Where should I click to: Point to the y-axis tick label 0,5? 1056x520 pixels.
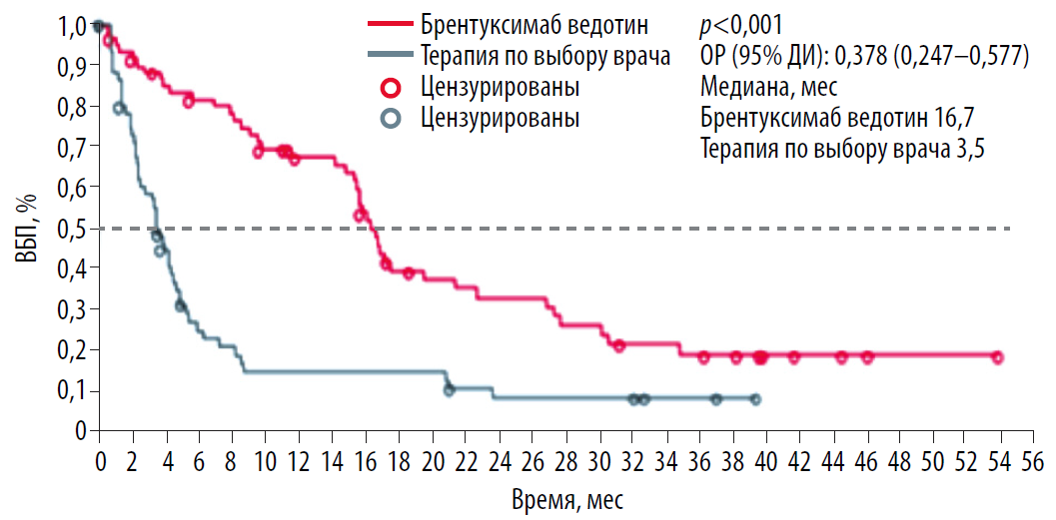point(73,228)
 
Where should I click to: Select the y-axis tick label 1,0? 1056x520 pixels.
point(73,26)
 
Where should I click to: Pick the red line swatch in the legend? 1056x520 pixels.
point(391,22)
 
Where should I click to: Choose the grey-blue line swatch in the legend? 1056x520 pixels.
point(391,54)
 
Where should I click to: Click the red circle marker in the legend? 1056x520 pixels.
point(391,86)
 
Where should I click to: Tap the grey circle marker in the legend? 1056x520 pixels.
point(391,118)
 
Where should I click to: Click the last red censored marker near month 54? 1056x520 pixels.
point(997,357)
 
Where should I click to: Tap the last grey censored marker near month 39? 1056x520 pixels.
point(755,399)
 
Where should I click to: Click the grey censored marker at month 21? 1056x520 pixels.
point(449,389)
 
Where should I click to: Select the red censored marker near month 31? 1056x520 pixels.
point(619,345)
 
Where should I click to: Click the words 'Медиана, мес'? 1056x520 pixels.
point(767,87)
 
